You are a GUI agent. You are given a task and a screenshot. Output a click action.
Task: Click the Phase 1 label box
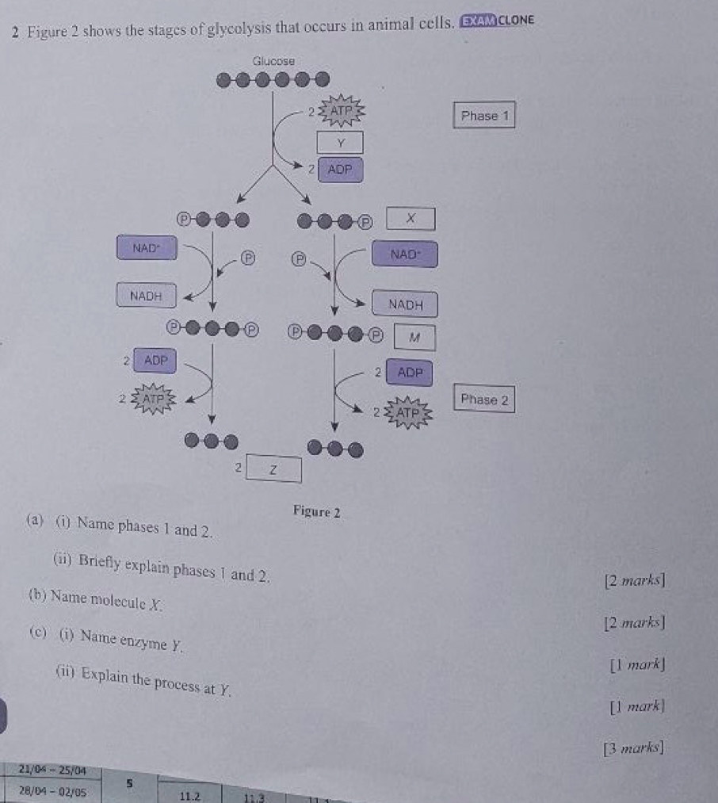[x=484, y=116]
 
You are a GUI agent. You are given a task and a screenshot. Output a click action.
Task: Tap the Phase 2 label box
[x=485, y=400]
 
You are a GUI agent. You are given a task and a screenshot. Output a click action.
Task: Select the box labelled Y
[x=340, y=143]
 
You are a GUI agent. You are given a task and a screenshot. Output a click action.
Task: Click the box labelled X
[x=411, y=218]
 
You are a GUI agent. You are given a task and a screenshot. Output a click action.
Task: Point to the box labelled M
[x=412, y=337]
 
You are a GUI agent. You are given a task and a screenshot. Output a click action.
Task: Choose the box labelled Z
[x=273, y=468]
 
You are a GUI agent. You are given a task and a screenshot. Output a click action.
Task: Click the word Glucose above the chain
[x=273, y=61]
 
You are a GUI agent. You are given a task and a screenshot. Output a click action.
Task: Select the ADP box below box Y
[x=340, y=169]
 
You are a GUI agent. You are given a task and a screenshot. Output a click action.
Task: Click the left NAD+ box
[x=147, y=247]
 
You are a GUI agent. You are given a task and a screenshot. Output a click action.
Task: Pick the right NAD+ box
[x=403, y=254]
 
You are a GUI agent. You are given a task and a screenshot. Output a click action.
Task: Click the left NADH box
[x=146, y=296]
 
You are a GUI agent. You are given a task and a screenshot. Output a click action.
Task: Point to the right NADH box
[x=405, y=304]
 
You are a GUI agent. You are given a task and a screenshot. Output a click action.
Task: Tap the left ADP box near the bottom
[x=155, y=360]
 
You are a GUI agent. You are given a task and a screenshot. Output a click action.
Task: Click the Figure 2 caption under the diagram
[x=316, y=512]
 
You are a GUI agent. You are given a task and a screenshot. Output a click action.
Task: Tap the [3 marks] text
[x=632, y=747]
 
